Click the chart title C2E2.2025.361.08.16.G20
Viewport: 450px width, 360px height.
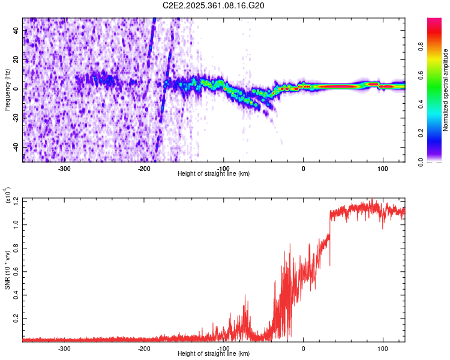click(x=214, y=5)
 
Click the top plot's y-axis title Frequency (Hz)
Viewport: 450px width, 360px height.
click(x=7, y=90)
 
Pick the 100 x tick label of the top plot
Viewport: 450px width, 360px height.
click(x=382, y=168)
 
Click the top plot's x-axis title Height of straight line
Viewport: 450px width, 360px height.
click(x=214, y=174)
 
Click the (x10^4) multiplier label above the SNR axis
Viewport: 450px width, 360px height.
click(x=8, y=194)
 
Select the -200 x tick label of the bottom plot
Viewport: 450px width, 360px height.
click(x=144, y=348)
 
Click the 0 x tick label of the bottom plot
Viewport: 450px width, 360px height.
click(x=303, y=348)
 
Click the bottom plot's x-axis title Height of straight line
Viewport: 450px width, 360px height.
click(x=214, y=354)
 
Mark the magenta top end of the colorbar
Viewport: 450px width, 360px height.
click(x=434, y=22)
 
